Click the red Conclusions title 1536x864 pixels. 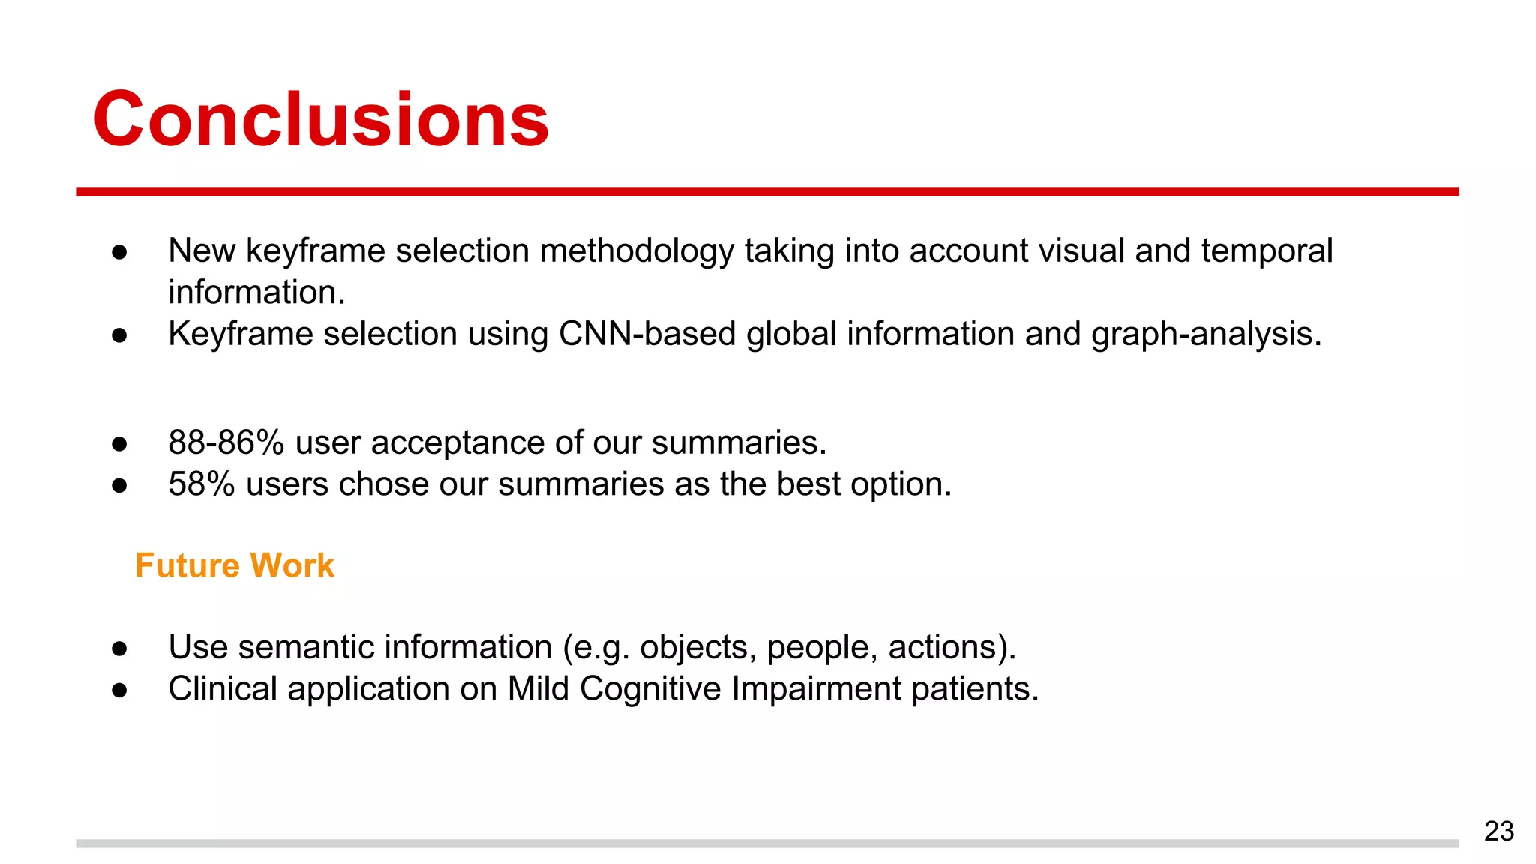point(321,120)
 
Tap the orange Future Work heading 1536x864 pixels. point(234,565)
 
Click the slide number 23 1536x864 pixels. point(1498,831)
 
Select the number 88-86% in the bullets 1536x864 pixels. point(226,442)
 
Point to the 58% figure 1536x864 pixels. point(201,484)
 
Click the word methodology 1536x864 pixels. point(637,251)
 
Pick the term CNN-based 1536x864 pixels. point(646,334)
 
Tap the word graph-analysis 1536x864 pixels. point(1206,334)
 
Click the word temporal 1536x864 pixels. point(1267,251)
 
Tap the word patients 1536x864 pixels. point(974,689)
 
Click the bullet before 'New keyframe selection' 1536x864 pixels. point(119,252)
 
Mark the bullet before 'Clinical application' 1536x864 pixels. point(119,690)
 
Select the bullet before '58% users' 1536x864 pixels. point(119,486)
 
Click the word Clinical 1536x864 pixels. point(223,688)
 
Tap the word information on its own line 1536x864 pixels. point(256,292)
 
